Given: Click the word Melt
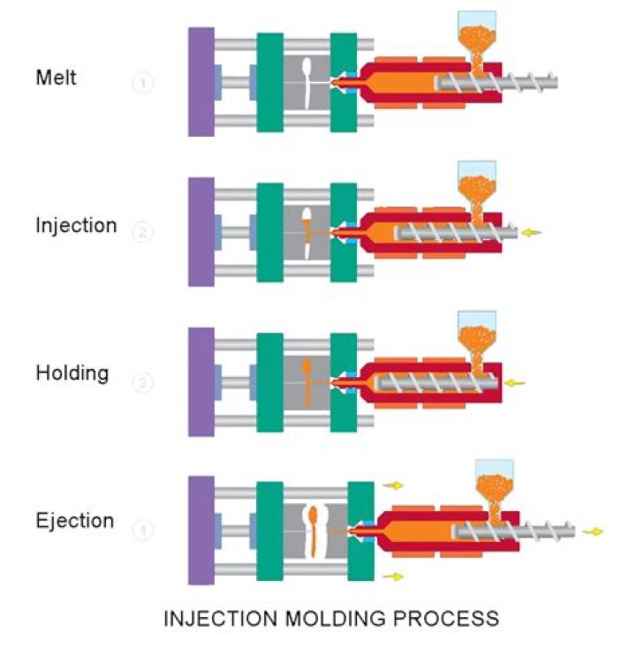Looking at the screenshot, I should click(57, 78).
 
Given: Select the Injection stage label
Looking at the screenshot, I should click(76, 225).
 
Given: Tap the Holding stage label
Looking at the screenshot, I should click(72, 373).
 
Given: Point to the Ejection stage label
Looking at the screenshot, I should click(75, 520).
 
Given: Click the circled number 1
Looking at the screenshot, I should click(144, 84).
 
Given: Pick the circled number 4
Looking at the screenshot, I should click(144, 531).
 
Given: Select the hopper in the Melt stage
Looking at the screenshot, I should click(476, 35).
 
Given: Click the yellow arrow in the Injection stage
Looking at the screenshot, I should click(529, 233).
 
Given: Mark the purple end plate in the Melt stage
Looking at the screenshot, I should click(201, 81).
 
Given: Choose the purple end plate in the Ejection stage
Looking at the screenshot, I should click(201, 530).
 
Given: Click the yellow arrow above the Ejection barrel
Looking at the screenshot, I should click(394, 485).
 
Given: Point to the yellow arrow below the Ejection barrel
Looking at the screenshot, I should click(394, 576).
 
